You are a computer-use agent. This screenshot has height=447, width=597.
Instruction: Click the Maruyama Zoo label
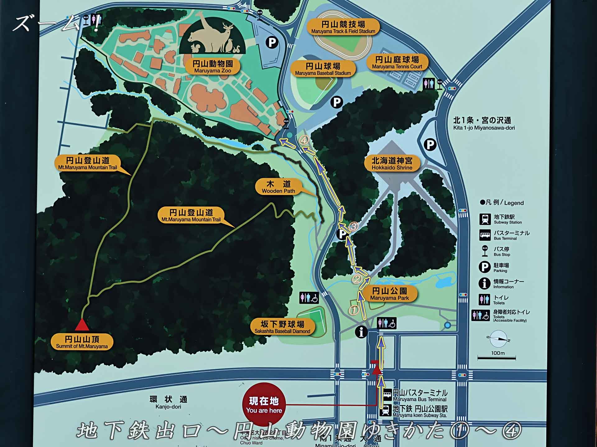click(x=213, y=66)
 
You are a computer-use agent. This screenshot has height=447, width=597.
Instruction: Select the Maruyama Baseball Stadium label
click(x=323, y=69)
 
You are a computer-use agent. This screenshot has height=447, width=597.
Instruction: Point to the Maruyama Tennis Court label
click(x=397, y=62)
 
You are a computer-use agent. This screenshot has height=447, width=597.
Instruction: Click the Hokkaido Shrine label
click(x=392, y=164)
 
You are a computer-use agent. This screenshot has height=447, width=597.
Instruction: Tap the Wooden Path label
click(x=278, y=187)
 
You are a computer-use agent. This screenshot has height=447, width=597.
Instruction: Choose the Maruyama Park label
click(x=390, y=294)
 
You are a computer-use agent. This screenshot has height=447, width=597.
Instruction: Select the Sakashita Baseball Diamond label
click(x=282, y=327)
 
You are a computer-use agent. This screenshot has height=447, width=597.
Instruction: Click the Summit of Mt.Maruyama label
click(x=82, y=342)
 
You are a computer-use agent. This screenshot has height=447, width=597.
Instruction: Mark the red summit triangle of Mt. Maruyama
click(x=82, y=325)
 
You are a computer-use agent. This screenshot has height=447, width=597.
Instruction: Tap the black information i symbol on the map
click(x=361, y=332)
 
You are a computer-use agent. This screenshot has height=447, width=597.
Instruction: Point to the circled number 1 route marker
click(x=354, y=310)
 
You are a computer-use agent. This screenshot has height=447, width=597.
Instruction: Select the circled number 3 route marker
click(x=354, y=226)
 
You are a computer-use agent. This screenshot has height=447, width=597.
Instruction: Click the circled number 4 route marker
click(x=304, y=140)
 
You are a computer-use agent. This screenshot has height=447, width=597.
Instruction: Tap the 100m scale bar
click(x=497, y=358)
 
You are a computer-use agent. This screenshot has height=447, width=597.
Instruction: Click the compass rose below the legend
click(x=498, y=339)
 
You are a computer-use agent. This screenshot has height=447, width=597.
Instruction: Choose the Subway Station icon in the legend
click(x=485, y=219)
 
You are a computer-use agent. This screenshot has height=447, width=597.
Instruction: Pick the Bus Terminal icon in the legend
click(x=485, y=235)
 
